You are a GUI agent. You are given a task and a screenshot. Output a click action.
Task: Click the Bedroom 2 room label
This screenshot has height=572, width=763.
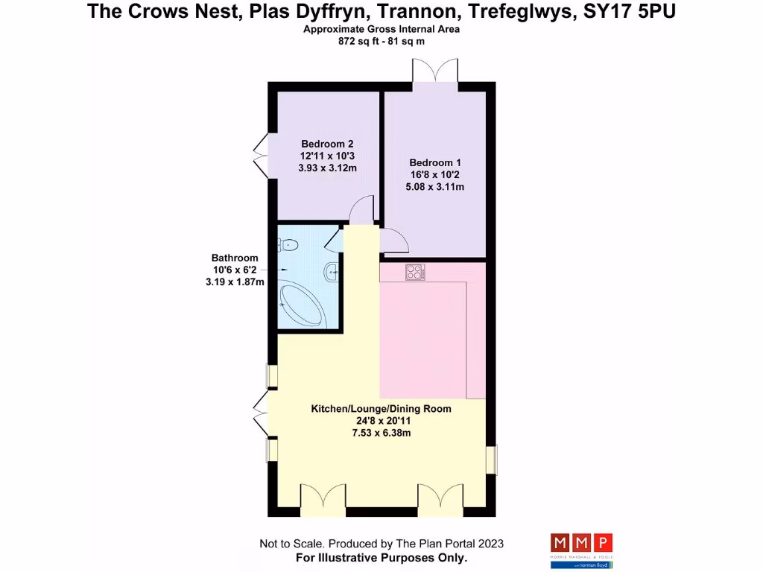(327, 144)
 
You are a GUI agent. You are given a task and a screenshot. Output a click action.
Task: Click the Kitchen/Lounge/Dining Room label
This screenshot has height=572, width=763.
(381, 409)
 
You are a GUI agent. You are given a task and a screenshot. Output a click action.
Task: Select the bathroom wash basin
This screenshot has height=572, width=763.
(332, 272)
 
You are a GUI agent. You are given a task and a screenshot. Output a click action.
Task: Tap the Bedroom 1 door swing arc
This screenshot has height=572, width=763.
(394, 241)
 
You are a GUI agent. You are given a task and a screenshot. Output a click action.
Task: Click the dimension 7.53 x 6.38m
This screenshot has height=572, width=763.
(381, 433)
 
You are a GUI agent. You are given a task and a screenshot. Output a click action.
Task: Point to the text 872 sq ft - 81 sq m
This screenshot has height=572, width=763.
(381, 42)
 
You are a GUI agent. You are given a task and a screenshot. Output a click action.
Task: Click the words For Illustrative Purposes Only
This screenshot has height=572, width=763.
(381, 557)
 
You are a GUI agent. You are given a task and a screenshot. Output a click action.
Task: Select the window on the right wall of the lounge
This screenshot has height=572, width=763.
(491, 460)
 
